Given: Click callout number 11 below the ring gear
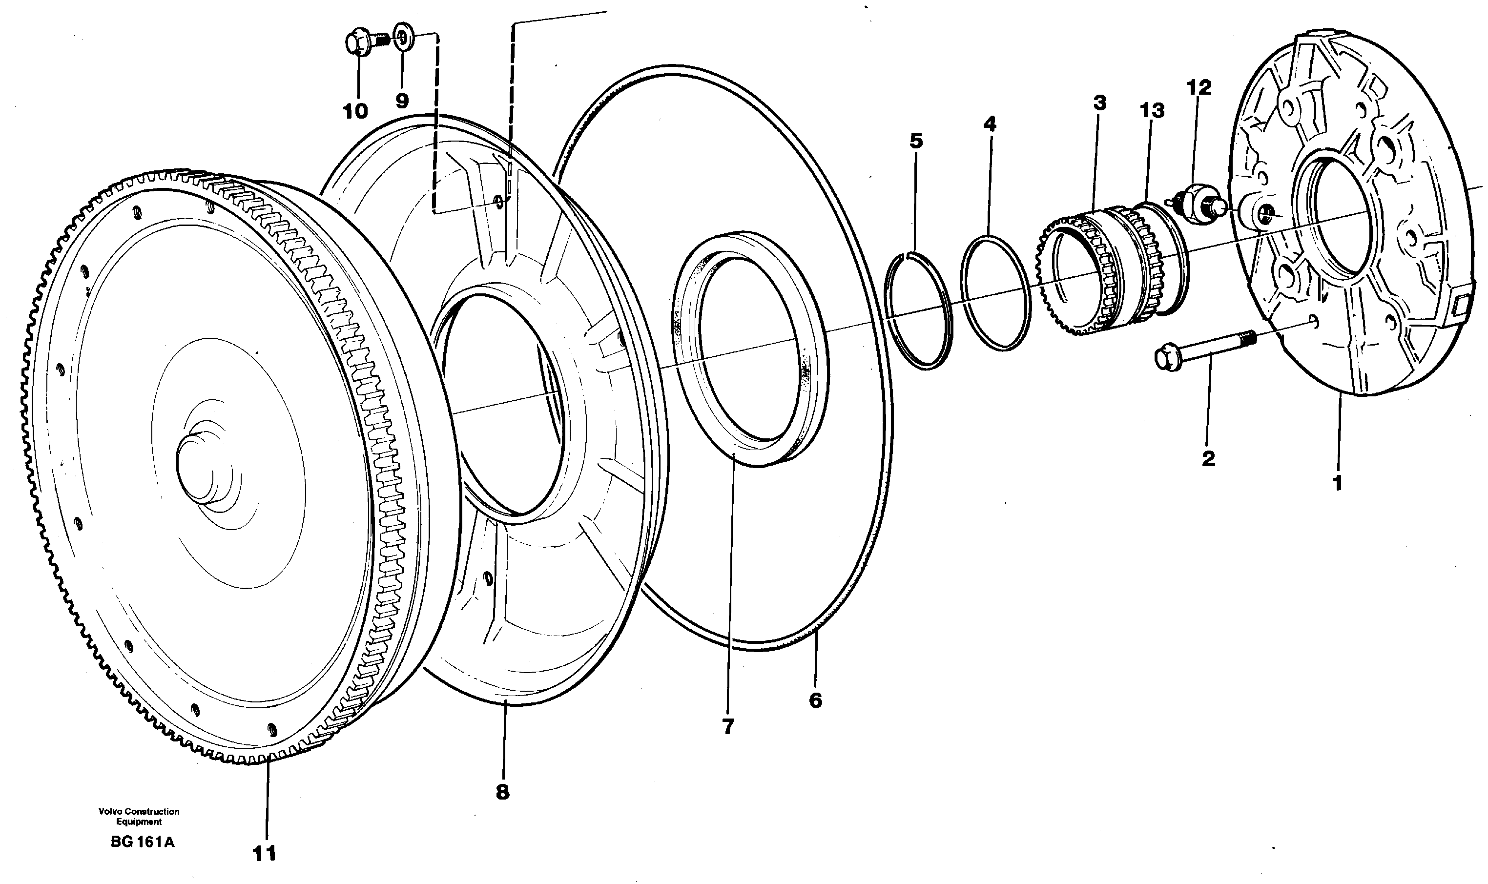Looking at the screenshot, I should pyautogui.click(x=265, y=854).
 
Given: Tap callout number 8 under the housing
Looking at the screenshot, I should pyautogui.click(x=502, y=792).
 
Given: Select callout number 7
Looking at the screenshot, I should pyautogui.click(x=728, y=726).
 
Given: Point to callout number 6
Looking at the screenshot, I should pyautogui.click(x=815, y=700).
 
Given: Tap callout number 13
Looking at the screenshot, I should pyautogui.click(x=1152, y=111).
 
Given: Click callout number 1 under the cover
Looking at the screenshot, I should pyautogui.click(x=1337, y=482).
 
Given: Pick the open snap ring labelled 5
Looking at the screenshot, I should pyautogui.click(x=917, y=310).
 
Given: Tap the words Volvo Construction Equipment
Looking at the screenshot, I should pyautogui.click(x=139, y=817).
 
